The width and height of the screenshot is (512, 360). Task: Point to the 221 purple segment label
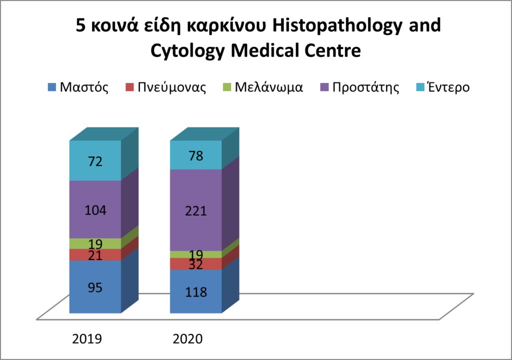pos(195,211)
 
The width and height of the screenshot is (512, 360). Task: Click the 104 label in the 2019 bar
pos(95,210)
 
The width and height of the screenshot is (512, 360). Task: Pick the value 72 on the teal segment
pos(95,161)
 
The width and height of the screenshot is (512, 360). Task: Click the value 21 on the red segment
pos(95,255)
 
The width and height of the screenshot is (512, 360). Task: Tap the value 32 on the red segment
pos(195,264)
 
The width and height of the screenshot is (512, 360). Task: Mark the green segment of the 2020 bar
pos(195,254)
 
